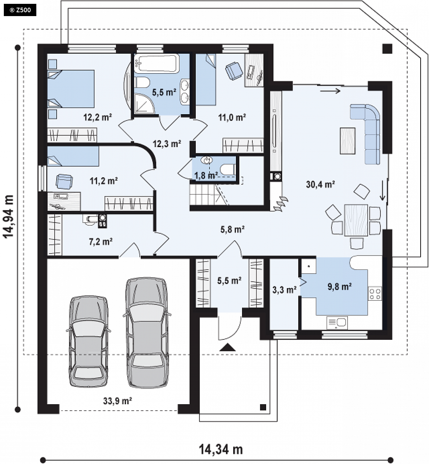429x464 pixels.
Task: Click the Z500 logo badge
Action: coord(20,10)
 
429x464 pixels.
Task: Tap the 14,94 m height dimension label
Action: coord(9,216)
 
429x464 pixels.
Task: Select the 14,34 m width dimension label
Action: coord(221,449)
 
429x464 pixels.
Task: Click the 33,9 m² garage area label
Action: coord(117,401)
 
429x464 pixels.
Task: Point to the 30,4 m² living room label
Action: coord(320,185)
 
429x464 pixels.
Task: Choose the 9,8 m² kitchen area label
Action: coord(340,287)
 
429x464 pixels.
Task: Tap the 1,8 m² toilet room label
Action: coord(206,175)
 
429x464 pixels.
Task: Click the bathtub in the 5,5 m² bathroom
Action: coord(157,63)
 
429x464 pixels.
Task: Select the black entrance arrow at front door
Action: coord(227,347)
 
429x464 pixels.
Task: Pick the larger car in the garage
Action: coord(147,333)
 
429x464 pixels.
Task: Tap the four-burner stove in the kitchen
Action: coord(375,294)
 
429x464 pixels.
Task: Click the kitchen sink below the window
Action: coord(337,323)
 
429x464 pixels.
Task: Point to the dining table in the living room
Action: coord(356,220)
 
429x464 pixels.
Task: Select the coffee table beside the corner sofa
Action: coord(348,141)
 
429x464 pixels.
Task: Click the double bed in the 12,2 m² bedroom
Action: coord(71,89)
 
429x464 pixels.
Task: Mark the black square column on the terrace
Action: coord(387,49)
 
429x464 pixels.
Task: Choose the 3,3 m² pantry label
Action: coord(284,290)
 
